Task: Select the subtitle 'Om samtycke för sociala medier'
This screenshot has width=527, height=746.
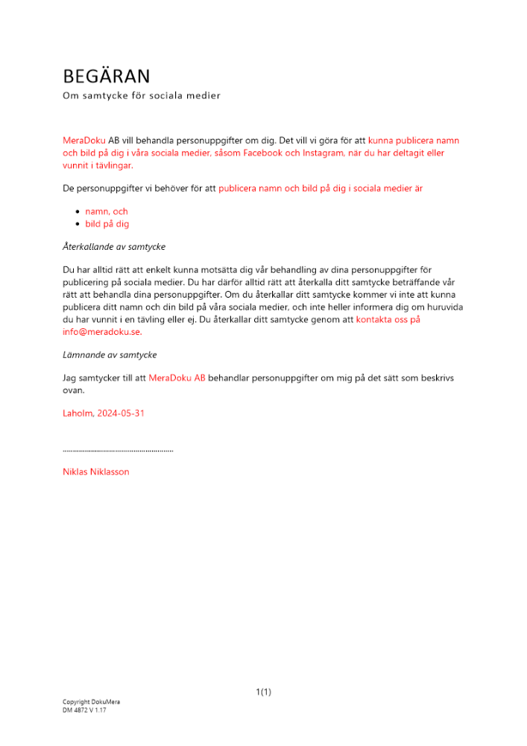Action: pyautogui.click(x=142, y=95)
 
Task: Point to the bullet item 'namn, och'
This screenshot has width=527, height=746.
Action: pyautogui.click(x=107, y=211)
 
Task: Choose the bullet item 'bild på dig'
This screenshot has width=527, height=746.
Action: pyautogui.click(x=107, y=224)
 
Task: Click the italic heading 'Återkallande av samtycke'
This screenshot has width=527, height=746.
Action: pyautogui.click(x=114, y=246)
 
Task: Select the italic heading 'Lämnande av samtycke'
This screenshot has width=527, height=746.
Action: pyautogui.click(x=110, y=354)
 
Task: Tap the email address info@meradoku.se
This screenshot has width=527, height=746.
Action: pyautogui.click(x=101, y=332)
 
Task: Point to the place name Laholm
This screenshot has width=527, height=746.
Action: pyautogui.click(x=78, y=413)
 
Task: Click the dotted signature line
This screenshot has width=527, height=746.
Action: pyautogui.click(x=118, y=451)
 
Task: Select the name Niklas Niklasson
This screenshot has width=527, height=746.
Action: pyautogui.click(x=96, y=471)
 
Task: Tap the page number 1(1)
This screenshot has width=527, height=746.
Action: pyautogui.click(x=263, y=692)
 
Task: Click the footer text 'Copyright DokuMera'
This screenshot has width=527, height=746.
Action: pyautogui.click(x=91, y=702)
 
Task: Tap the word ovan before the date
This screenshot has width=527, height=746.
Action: pyautogui.click(x=74, y=390)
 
